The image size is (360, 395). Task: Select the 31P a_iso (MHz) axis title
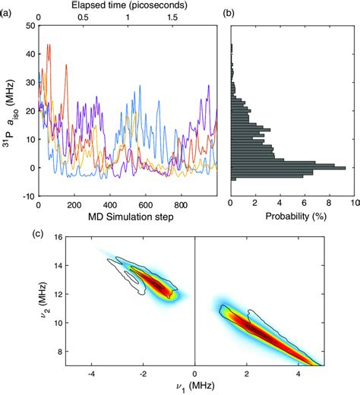click(9, 110)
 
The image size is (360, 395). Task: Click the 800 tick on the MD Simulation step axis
click(182, 205)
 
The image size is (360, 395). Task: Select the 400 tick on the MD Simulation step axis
click(110, 205)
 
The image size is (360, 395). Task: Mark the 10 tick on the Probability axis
click(350, 205)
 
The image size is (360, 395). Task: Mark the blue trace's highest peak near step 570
click(139, 85)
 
